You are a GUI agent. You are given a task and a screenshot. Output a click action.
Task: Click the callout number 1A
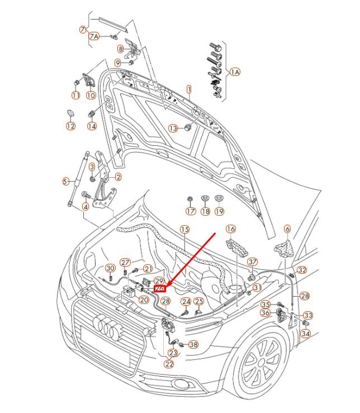point(235,72)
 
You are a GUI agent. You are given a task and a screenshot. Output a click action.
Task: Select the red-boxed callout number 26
point(160,289)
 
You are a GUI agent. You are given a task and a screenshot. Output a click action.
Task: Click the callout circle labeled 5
point(66,182)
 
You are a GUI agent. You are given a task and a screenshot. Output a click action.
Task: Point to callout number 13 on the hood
point(173,129)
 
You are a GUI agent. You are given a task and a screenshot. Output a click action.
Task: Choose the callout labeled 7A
point(94,36)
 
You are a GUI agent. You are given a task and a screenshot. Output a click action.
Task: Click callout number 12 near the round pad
point(70,126)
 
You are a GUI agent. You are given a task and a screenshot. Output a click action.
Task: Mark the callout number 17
point(191,211)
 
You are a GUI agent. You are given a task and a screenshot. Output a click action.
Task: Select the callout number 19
point(219,211)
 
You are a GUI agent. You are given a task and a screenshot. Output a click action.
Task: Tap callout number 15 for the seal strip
point(184,230)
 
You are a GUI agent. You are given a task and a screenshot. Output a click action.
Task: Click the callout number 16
point(231,229)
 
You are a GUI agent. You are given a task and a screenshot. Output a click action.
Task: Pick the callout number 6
point(287,229)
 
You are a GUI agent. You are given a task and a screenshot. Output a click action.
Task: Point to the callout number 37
point(253,262)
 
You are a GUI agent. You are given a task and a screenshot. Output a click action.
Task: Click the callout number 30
point(110,268)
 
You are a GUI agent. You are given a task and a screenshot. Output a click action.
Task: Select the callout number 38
point(193,344)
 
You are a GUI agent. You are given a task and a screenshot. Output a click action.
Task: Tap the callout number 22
point(169,364)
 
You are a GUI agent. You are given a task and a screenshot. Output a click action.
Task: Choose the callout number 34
point(305,334)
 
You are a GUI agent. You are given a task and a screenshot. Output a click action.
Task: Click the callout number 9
point(118,63)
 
